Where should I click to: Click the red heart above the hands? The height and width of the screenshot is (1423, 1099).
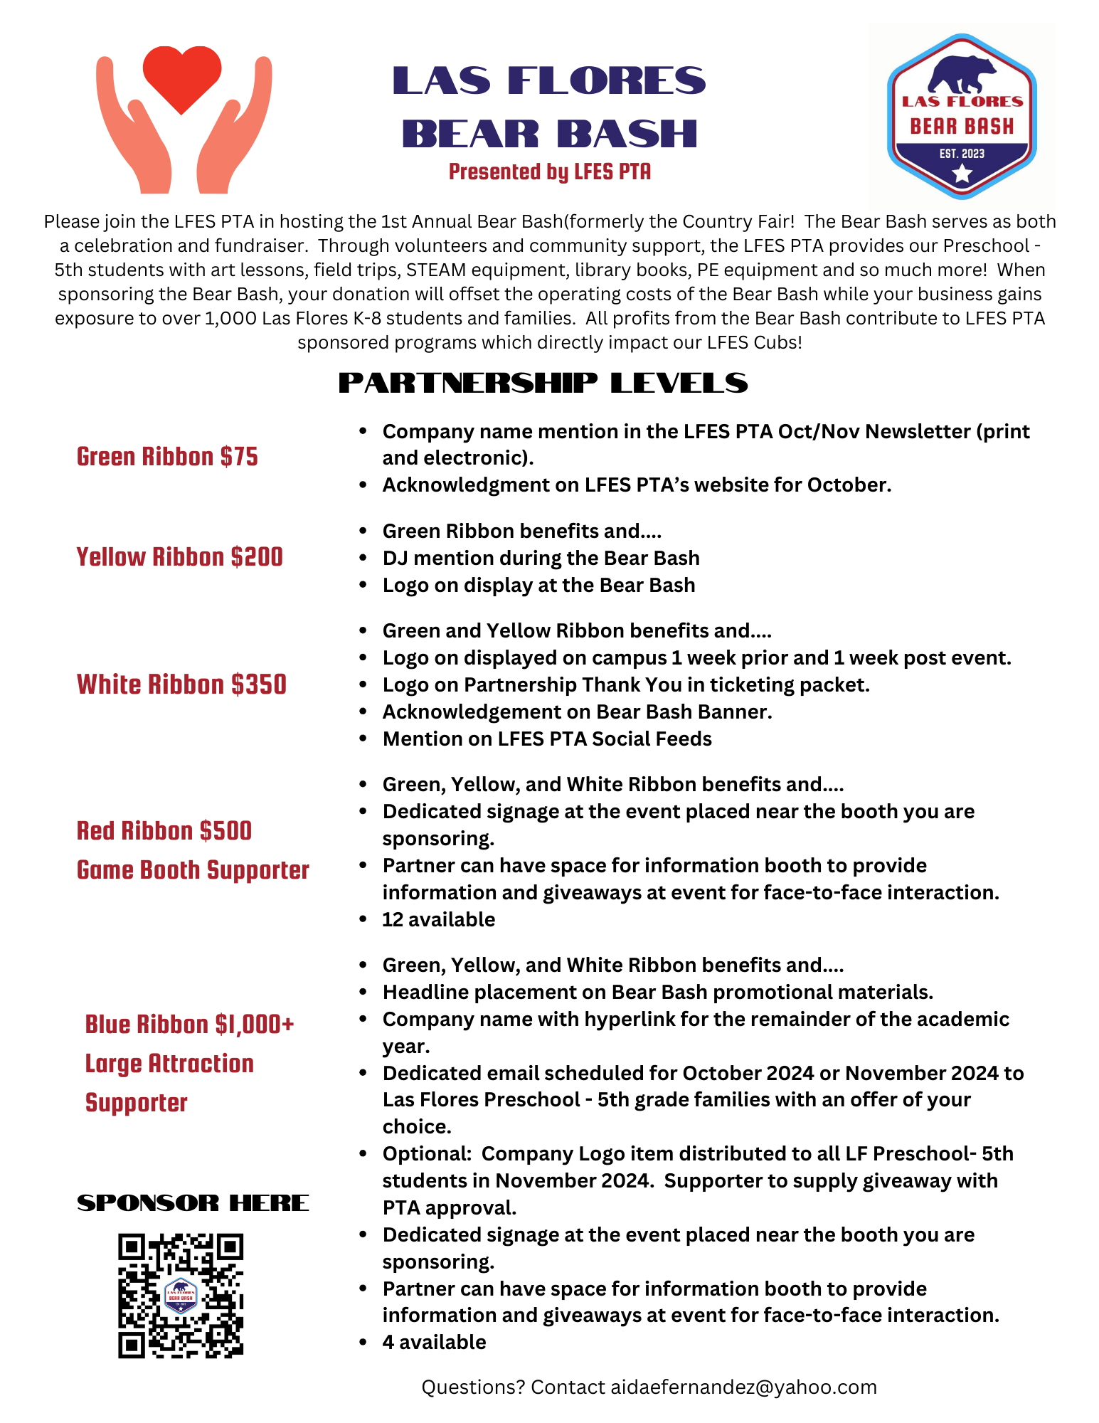pyautogui.click(x=182, y=77)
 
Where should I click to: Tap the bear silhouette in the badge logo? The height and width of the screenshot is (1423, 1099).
pyautogui.click(x=962, y=73)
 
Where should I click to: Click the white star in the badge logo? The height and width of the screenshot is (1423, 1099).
pyautogui.click(x=962, y=172)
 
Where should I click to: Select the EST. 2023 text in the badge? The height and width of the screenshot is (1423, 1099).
pyautogui.click(x=962, y=154)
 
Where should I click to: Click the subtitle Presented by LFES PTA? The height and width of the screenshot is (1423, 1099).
pyautogui.click(x=549, y=172)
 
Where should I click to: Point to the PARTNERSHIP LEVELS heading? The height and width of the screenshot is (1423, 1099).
pyautogui.click(x=543, y=383)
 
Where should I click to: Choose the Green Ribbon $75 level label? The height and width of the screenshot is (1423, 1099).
pyautogui.click(x=167, y=457)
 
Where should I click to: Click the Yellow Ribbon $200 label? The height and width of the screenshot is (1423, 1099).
pyautogui.click(x=179, y=557)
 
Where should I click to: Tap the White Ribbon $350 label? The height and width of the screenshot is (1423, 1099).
pyautogui.click(x=181, y=684)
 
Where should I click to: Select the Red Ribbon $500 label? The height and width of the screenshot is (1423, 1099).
pyautogui.click(x=164, y=831)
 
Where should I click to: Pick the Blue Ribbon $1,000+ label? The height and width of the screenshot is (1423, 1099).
pyautogui.click(x=189, y=1025)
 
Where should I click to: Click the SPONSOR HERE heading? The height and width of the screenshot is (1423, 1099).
pyautogui.click(x=193, y=1203)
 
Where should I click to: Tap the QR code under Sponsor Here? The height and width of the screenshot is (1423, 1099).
pyautogui.click(x=181, y=1295)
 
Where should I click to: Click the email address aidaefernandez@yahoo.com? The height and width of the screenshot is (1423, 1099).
pyautogui.click(x=743, y=1387)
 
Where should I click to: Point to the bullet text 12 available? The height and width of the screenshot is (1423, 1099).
pyautogui.click(x=438, y=919)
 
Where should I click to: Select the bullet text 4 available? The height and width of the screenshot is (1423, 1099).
pyautogui.click(x=434, y=1342)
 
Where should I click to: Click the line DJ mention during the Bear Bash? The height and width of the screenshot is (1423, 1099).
pyautogui.click(x=541, y=558)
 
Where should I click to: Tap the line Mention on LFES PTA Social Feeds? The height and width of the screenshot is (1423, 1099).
pyautogui.click(x=547, y=739)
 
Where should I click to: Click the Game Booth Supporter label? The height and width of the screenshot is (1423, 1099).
pyautogui.click(x=193, y=870)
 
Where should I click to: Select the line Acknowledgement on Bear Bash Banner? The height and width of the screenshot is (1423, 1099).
pyautogui.click(x=577, y=711)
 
